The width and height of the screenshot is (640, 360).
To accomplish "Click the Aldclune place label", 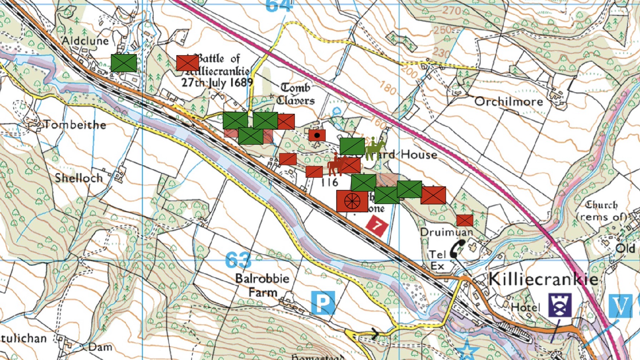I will pyautogui.click(x=85, y=40).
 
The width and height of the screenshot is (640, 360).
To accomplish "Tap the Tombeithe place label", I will pyautogui.click(x=75, y=125).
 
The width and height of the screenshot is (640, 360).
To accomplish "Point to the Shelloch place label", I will pyautogui.click(x=79, y=178).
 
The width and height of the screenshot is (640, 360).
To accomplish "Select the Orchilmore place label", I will pyautogui.click(x=508, y=102).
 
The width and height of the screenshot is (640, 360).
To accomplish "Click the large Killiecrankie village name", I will pyautogui.click(x=543, y=279).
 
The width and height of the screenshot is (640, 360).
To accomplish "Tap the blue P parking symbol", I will pyautogui.click(x=323, y=303).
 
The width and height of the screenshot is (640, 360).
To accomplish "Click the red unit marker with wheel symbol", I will pyautogui.click(x=352, y=201).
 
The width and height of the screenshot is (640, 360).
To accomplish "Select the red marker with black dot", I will pyautogui.click(x=317, y=135).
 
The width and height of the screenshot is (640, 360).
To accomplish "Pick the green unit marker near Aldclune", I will pyautogui.click(x=124, y=63).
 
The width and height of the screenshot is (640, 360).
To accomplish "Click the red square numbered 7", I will pyautogui.click(x=377, y=226).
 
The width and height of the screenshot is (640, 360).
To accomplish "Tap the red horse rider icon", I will pyautogui.click(x=336, y=165).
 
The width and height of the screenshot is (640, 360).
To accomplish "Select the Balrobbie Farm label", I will pyautogui.click(x=262, y=285).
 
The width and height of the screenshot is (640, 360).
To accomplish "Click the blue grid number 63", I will pyautogui.click(x=238, y=260).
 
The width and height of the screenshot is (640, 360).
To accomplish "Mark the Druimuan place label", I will pyautogui.click(x=446, y=232).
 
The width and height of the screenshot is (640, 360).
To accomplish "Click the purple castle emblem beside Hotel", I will pyautogui.click(x=560, y=305).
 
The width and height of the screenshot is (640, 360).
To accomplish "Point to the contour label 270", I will pyautogui.click(x=452, y=11).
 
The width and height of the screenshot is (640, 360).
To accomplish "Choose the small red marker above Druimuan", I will pyautogui.click(x=464, y=220).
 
